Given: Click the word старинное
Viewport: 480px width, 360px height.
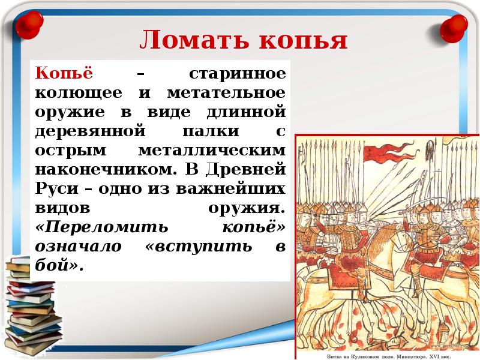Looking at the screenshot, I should point(238,74).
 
